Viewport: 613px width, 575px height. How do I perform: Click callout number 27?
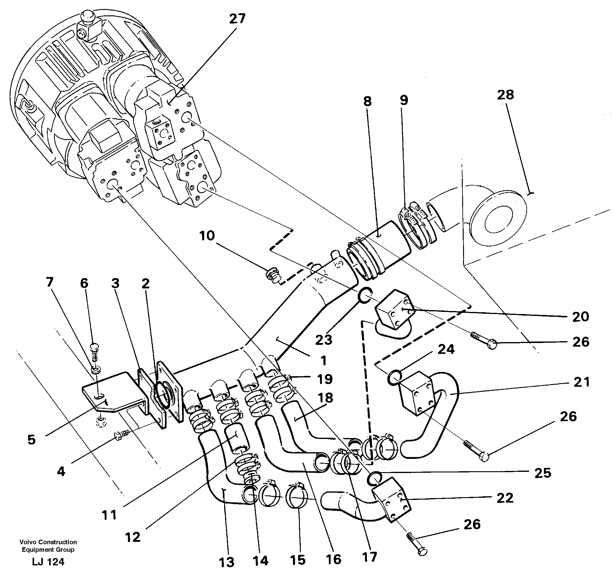click(x=237, y=19)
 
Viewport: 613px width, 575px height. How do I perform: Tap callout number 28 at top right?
click(x=505, y=95)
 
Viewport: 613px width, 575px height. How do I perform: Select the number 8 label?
click(x=367, y=101)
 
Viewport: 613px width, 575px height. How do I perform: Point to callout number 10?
click(x=207, y=236)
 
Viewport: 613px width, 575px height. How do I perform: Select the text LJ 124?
click(x=48, y=562)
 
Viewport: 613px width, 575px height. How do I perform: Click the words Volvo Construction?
click(x=48, y=542)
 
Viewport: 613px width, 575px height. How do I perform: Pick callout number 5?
click(x=31, y=440)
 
